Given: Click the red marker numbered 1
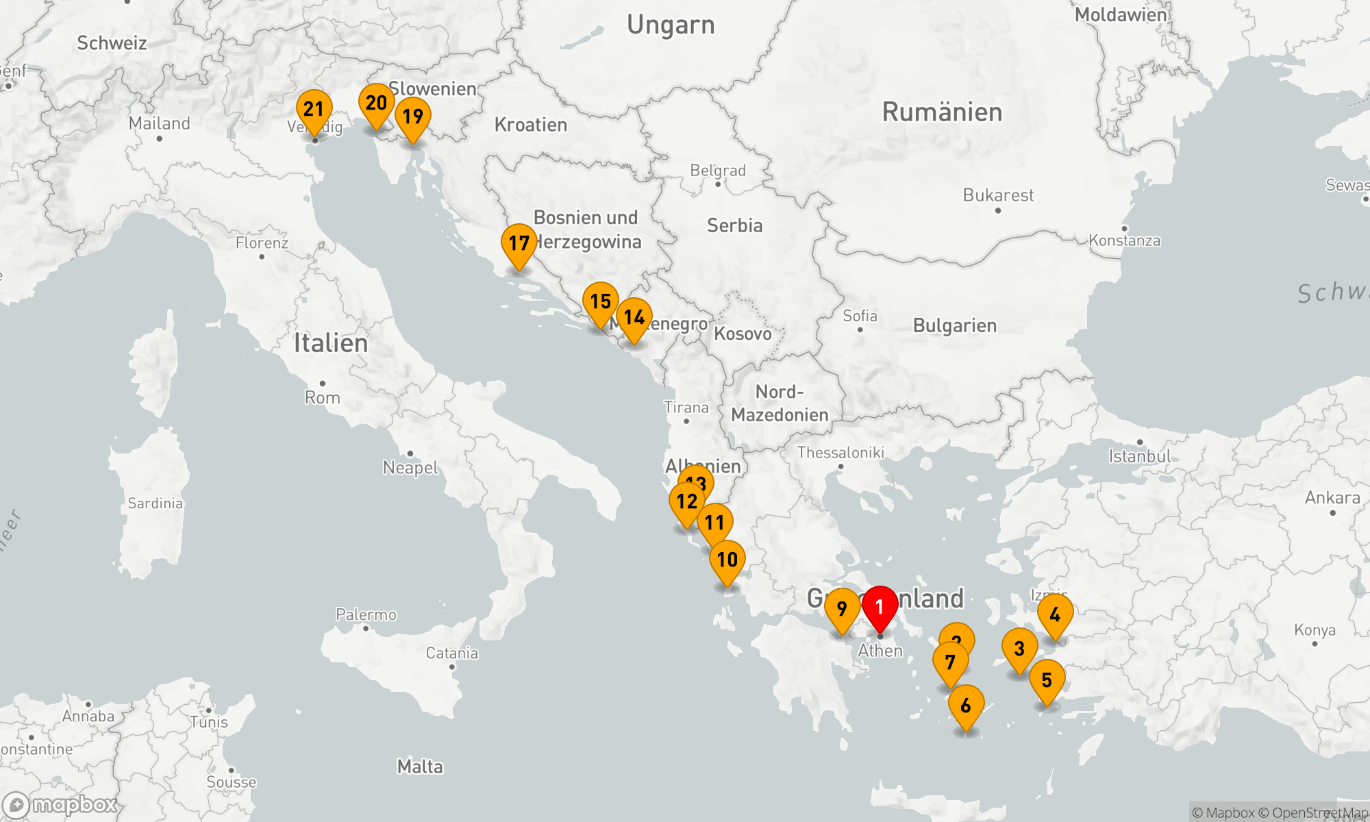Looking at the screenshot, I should (880, 607).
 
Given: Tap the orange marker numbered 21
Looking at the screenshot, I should (314, 110).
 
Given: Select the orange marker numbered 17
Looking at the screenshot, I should (519, 243).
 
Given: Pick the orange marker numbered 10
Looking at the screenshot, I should (727, 560).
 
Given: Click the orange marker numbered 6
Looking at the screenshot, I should (966, 706).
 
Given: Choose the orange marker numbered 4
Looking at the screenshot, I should (1055, 614).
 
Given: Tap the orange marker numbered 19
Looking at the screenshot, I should (413, 116).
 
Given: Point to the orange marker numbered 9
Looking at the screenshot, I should (842, 608).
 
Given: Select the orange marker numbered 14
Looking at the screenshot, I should (634, 317).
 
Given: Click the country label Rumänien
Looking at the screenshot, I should (942, 112).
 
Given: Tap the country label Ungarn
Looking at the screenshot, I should (671, 25).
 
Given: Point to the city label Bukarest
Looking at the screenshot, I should (998, 196).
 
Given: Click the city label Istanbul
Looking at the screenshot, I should (1140, 457).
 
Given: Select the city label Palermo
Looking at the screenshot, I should (366, 615).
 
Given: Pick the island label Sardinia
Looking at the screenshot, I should (155, 503).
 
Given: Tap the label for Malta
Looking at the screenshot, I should (420, 767).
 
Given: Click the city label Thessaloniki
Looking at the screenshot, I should (840, 453).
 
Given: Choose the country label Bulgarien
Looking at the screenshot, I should (955, 326).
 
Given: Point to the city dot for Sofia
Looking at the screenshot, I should (860, 329).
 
